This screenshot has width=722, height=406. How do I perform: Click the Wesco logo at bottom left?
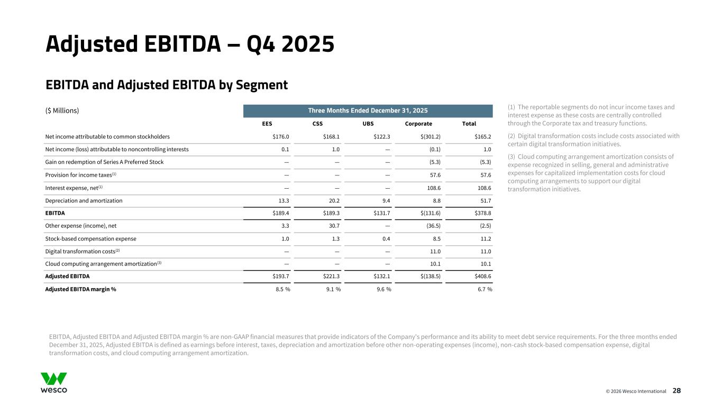54,383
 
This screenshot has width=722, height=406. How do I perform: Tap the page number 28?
677,391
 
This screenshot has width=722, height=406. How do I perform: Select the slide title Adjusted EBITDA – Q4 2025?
190,44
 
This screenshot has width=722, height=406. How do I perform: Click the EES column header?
267,124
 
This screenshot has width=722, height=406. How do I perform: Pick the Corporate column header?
418,124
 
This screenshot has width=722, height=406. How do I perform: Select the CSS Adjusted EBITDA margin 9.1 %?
330,289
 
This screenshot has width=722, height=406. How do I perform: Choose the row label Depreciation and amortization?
84,200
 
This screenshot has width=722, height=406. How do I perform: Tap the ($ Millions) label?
62,110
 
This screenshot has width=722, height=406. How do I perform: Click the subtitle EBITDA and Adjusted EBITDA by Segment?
167,85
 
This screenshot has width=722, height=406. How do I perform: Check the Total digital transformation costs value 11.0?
485,251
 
